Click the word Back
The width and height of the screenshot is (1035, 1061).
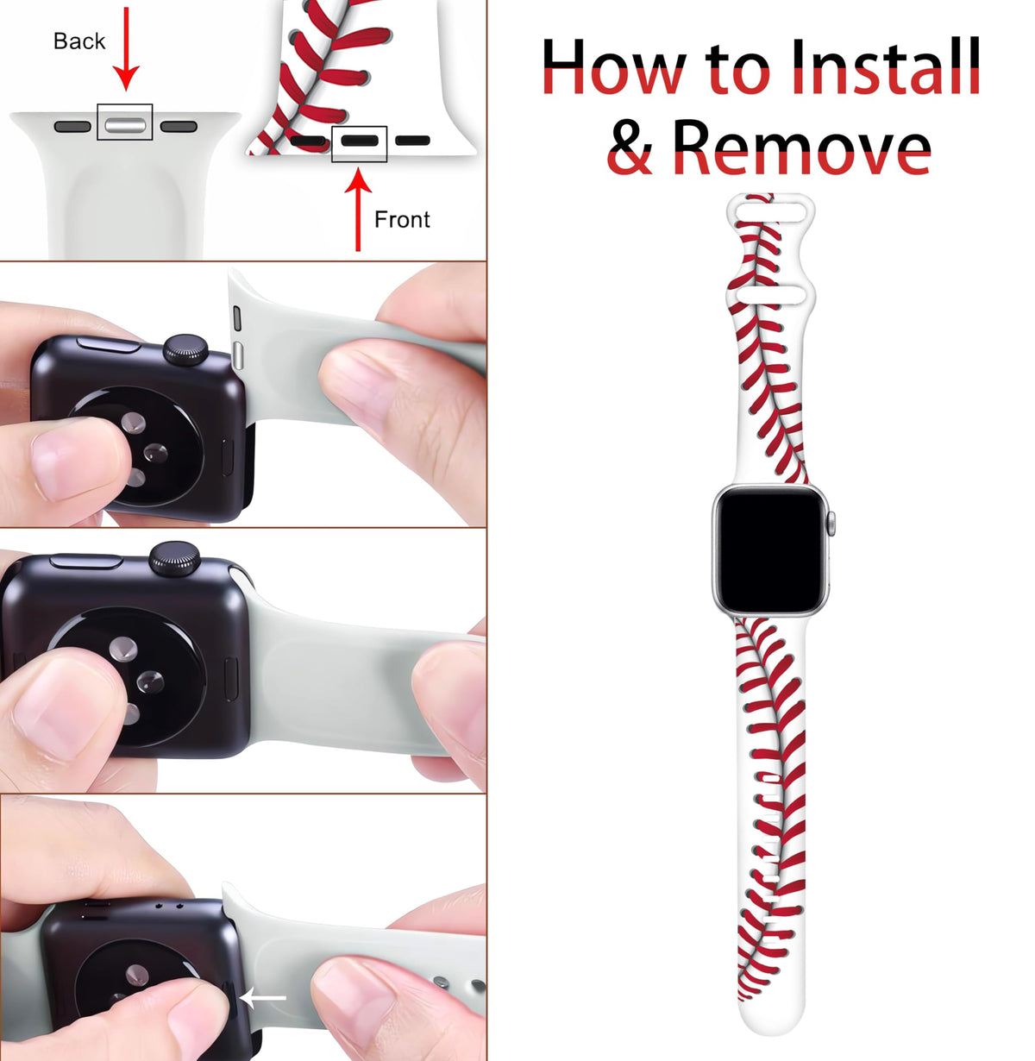pos(79,41)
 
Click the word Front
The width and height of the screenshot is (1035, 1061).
pos(402,220)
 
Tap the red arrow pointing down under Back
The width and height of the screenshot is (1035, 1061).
pos(126,49)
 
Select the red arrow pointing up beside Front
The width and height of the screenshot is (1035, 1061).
pos(358,210)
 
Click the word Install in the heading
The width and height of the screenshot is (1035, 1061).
pos(885,66)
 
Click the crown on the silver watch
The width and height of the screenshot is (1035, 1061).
pos(831,524)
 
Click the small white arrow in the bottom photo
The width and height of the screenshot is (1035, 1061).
pos(263,998)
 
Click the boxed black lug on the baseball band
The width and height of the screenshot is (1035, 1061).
pos(359,141)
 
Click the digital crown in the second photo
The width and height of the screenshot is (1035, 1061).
pos(185,349)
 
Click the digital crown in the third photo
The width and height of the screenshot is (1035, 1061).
pos(174,559)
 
